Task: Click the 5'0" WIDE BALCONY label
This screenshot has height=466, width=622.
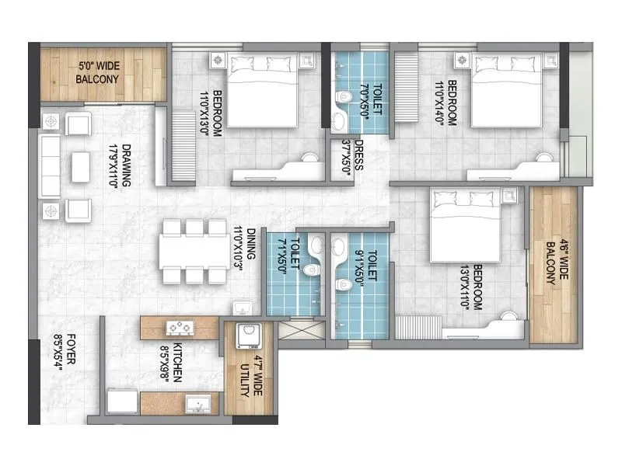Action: [x=98, y=73]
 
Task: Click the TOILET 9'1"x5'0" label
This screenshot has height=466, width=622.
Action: [x=366, y=271]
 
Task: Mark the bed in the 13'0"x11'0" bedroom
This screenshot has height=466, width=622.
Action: [x=463, y=226]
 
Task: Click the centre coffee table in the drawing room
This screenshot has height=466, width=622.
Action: [x=82, y=162]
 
